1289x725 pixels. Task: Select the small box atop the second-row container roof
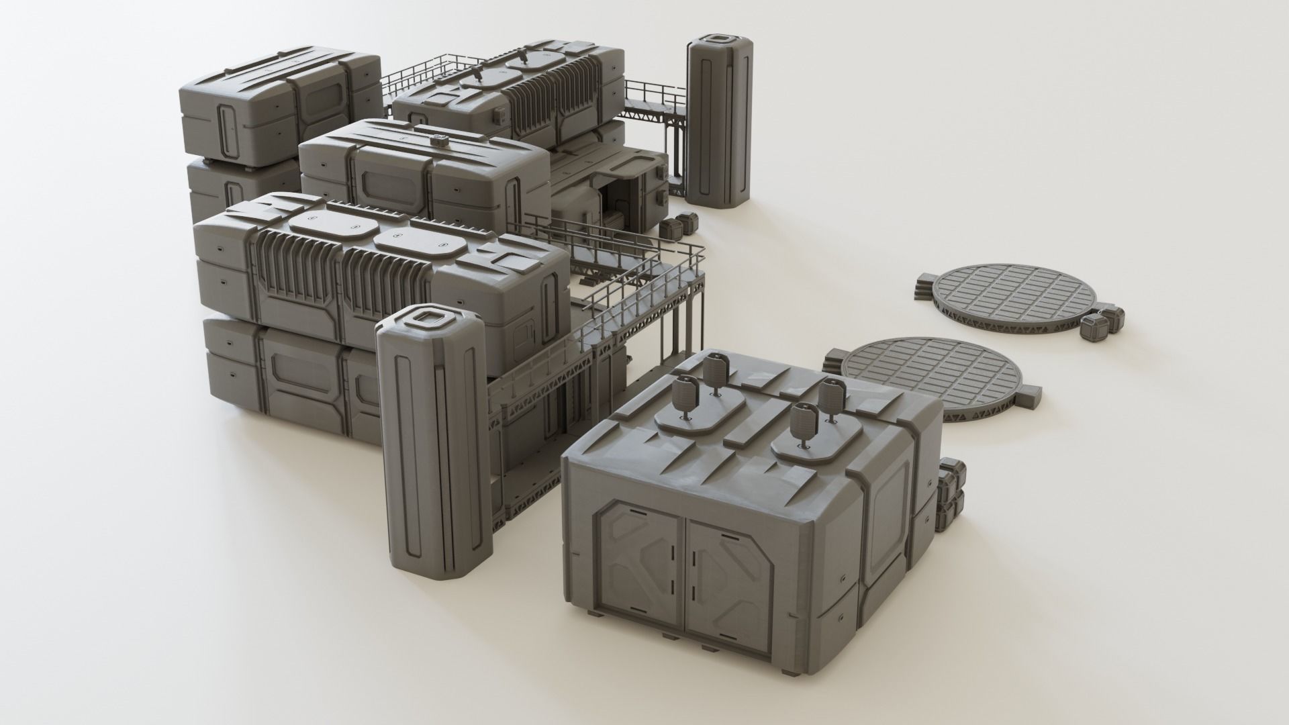click(x=440, y=141)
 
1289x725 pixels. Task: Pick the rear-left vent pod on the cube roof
click(x=714, y=369)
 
